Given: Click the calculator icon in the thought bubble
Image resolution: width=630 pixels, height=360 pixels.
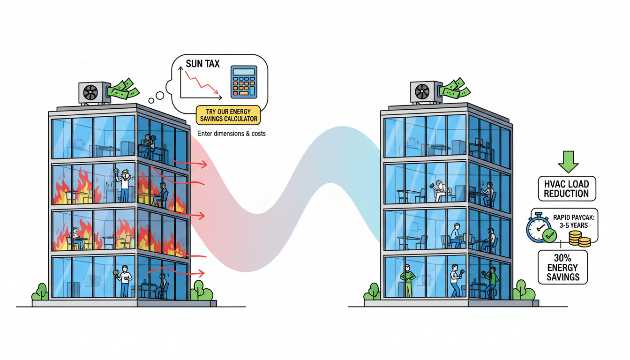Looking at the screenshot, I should tap(243, 82).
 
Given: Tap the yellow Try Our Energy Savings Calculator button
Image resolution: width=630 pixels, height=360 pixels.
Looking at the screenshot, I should tap(228, 115).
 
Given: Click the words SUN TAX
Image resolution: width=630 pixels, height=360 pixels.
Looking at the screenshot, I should tap(202, 64).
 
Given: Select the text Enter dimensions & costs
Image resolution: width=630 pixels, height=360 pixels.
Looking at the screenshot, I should tap(232, 134).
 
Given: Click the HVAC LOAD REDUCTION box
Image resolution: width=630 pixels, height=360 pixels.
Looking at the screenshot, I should tap(566, 189).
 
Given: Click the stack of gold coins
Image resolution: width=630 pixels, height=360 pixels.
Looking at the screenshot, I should tap(579, 240).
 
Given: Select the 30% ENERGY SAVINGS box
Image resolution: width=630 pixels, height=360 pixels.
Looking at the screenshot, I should tap(562, 267).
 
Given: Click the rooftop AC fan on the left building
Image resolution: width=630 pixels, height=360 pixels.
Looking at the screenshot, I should tap(90, 93).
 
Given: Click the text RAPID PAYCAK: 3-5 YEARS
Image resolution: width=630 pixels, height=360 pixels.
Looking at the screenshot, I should tap(570, 221).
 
